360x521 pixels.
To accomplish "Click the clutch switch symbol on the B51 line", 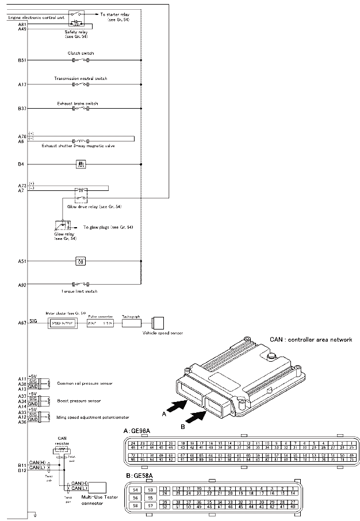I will [81, 60].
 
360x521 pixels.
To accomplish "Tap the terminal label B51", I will [22, 60].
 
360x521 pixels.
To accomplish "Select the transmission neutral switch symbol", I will [81, 85].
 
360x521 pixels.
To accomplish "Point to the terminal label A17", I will [22, 85].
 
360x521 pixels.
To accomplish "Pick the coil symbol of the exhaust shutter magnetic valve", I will [80, 140].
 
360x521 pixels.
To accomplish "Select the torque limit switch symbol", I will [81, 284].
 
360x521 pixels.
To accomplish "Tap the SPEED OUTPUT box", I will [63, 323].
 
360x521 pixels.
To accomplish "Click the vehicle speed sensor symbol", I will [158, 323].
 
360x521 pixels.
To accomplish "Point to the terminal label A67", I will [22, 323].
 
